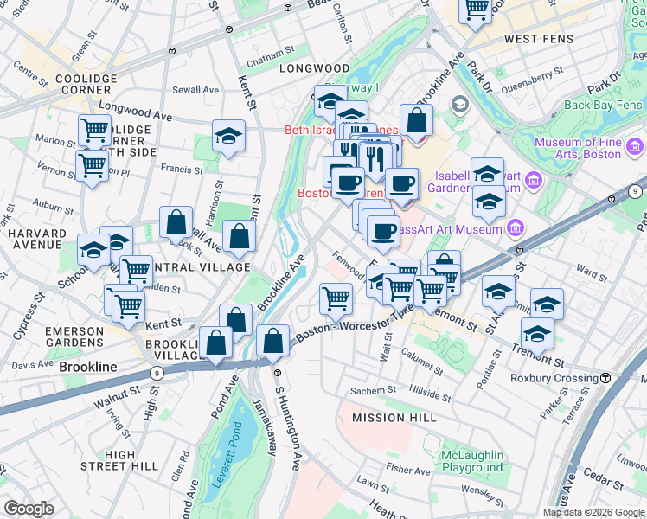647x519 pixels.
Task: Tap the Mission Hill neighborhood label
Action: [390, 418]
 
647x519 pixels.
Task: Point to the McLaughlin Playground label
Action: [472, 461]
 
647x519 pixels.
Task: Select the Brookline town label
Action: [88, 367]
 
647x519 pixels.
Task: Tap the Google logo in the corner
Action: [29, 509]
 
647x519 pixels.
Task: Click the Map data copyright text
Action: [593, 512]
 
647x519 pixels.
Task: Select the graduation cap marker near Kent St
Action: [228, 136]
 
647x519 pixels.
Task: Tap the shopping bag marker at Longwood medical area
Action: [416, 122]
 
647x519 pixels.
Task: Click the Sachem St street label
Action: [373, 391]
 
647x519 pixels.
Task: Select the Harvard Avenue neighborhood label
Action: [37, 240]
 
